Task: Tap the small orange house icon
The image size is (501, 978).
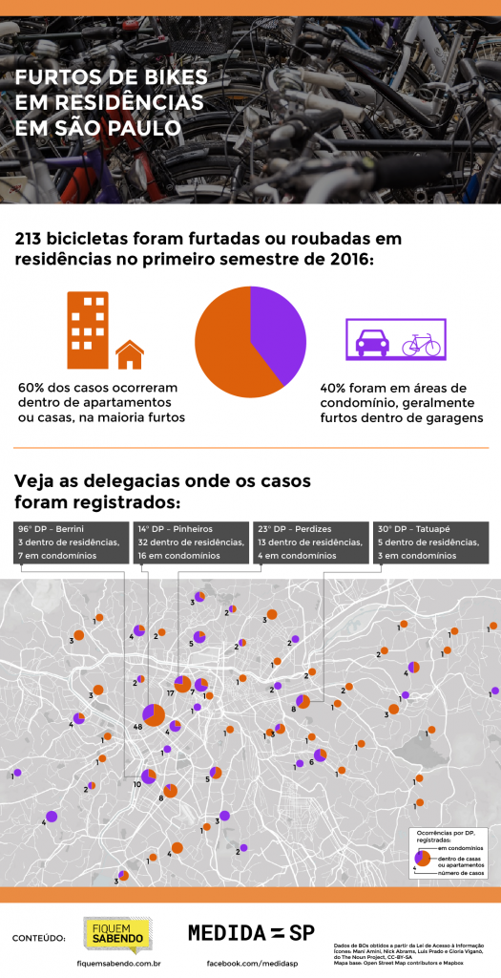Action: [x=130, y=355]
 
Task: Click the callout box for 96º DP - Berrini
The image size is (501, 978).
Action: [x=71, y=542]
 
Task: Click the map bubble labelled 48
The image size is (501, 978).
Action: [x=153, y=714]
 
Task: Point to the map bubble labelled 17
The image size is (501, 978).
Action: [x=182, y=683]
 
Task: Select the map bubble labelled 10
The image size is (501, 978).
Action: [x=148, y=776]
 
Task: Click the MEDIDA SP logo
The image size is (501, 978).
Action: [x=251, y=932]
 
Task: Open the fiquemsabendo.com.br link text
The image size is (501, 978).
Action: [x=117, y=965]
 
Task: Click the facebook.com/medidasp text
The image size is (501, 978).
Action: [x=251, y=965]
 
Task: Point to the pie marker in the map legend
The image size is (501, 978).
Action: [x=422, y=859]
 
